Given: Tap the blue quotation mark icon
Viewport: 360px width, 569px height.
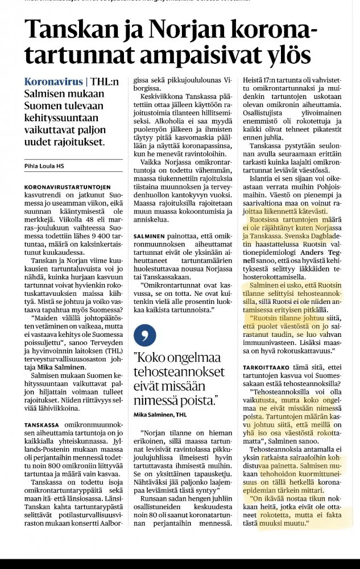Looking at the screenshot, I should (144, 335).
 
